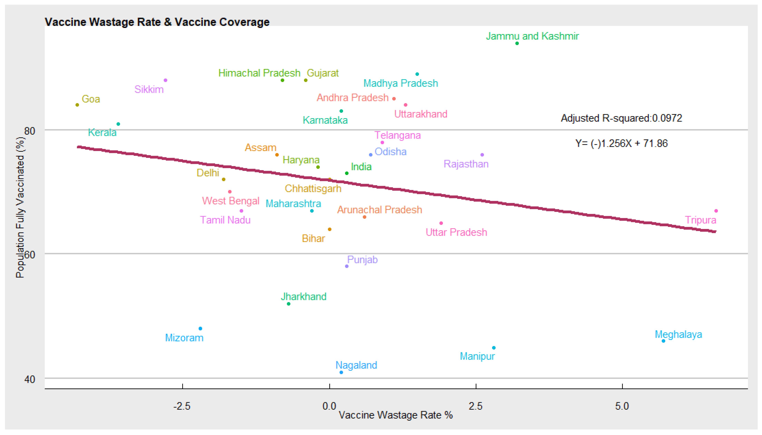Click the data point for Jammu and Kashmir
[517, 43]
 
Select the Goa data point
[77, 105]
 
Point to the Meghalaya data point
[663, 341]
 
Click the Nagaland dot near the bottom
[341, 372]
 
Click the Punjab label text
[362, 260]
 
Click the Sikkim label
[149, 89]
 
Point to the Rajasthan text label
[466, 164]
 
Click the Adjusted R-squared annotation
[621, 118]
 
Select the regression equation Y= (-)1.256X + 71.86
[621, 143]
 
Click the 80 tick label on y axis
[30, 131]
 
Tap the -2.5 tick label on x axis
[182, 406]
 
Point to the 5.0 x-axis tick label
[622, 406]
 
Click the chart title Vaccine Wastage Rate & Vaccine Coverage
[157, 22]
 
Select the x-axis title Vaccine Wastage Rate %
[395, 415]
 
